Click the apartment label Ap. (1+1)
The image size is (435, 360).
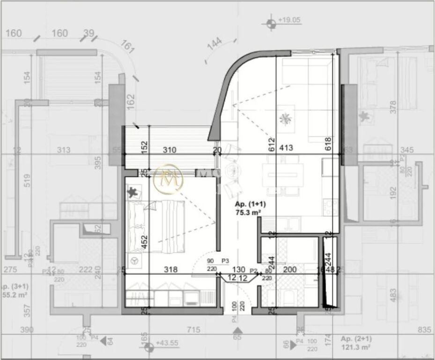click(x=249, y=204)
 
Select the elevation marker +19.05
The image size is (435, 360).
click(x=288, y=21)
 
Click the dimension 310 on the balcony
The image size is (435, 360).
click(x=169, y=150)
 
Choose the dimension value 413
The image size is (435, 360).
click(x=286, y=148)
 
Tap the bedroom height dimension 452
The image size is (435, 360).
click(x=145, y=241)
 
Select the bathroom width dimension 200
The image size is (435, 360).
click(x=290, y=270)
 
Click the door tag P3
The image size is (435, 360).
click(x=225, y=261)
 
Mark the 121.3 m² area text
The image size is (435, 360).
click(x=356, y=347)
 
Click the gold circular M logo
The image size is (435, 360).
click(x=169, y=178)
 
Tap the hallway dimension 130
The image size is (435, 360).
click(x=239, y=270)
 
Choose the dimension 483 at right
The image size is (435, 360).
click(x=393, y=295)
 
